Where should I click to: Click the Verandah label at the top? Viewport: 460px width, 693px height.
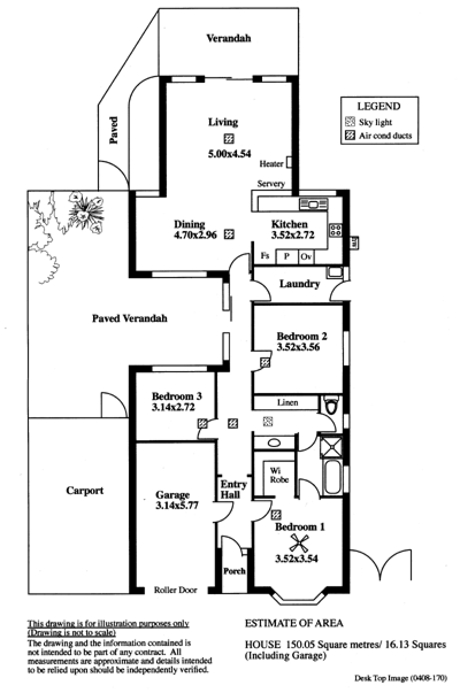[x=228, y=38]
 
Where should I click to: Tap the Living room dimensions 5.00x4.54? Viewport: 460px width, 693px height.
[x=229, y=154]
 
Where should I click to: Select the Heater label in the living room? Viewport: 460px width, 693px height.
[x=271, y=164]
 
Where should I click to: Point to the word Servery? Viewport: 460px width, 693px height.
[x=271, y=184]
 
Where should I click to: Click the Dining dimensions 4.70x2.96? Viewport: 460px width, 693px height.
[x=195, y=235]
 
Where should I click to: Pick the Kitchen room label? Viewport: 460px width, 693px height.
[x=289, y=224]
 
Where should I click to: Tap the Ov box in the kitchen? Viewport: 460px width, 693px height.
[x=306, y=256]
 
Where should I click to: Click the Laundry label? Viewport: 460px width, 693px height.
[x=300, y=284]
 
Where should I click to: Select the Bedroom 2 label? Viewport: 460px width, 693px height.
[x=302, y=336]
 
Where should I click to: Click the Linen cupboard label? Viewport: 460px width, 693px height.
[x=287, y=402]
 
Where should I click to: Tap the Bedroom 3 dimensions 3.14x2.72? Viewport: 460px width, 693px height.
[x=173, y=407]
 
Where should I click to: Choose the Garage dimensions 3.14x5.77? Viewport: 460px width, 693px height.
[x=177, y=506]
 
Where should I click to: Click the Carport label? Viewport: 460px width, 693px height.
[x=85, y=491]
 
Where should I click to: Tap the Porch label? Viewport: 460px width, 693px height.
[x=235, y=571]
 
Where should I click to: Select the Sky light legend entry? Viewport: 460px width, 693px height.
[x=369, y=122]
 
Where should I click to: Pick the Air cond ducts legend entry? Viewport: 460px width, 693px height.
[x=378, y=136]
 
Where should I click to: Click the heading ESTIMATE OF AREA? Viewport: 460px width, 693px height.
[x=294, y=623]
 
